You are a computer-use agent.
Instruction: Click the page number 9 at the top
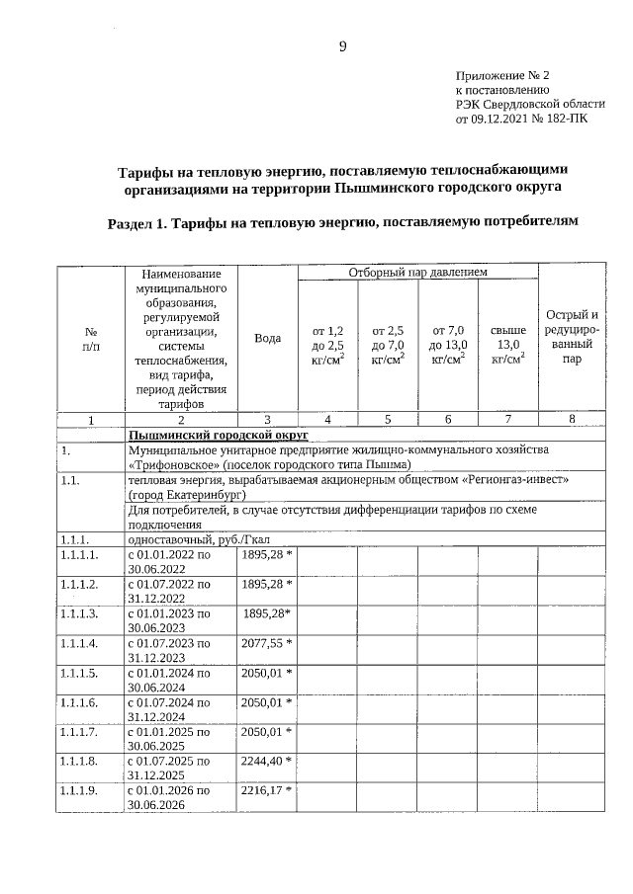[x=342, y=47]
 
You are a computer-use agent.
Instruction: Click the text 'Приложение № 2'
[x=501, y=75]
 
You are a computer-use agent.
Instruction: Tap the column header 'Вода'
[x=267, y=338]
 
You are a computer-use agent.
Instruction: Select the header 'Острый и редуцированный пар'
[x=572, y=338]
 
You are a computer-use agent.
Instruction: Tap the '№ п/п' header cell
[x=90, y=338]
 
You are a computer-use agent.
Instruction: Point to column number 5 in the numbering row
[x=388, y=420]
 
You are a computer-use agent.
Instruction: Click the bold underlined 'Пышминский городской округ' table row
[x=219, y=435]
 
